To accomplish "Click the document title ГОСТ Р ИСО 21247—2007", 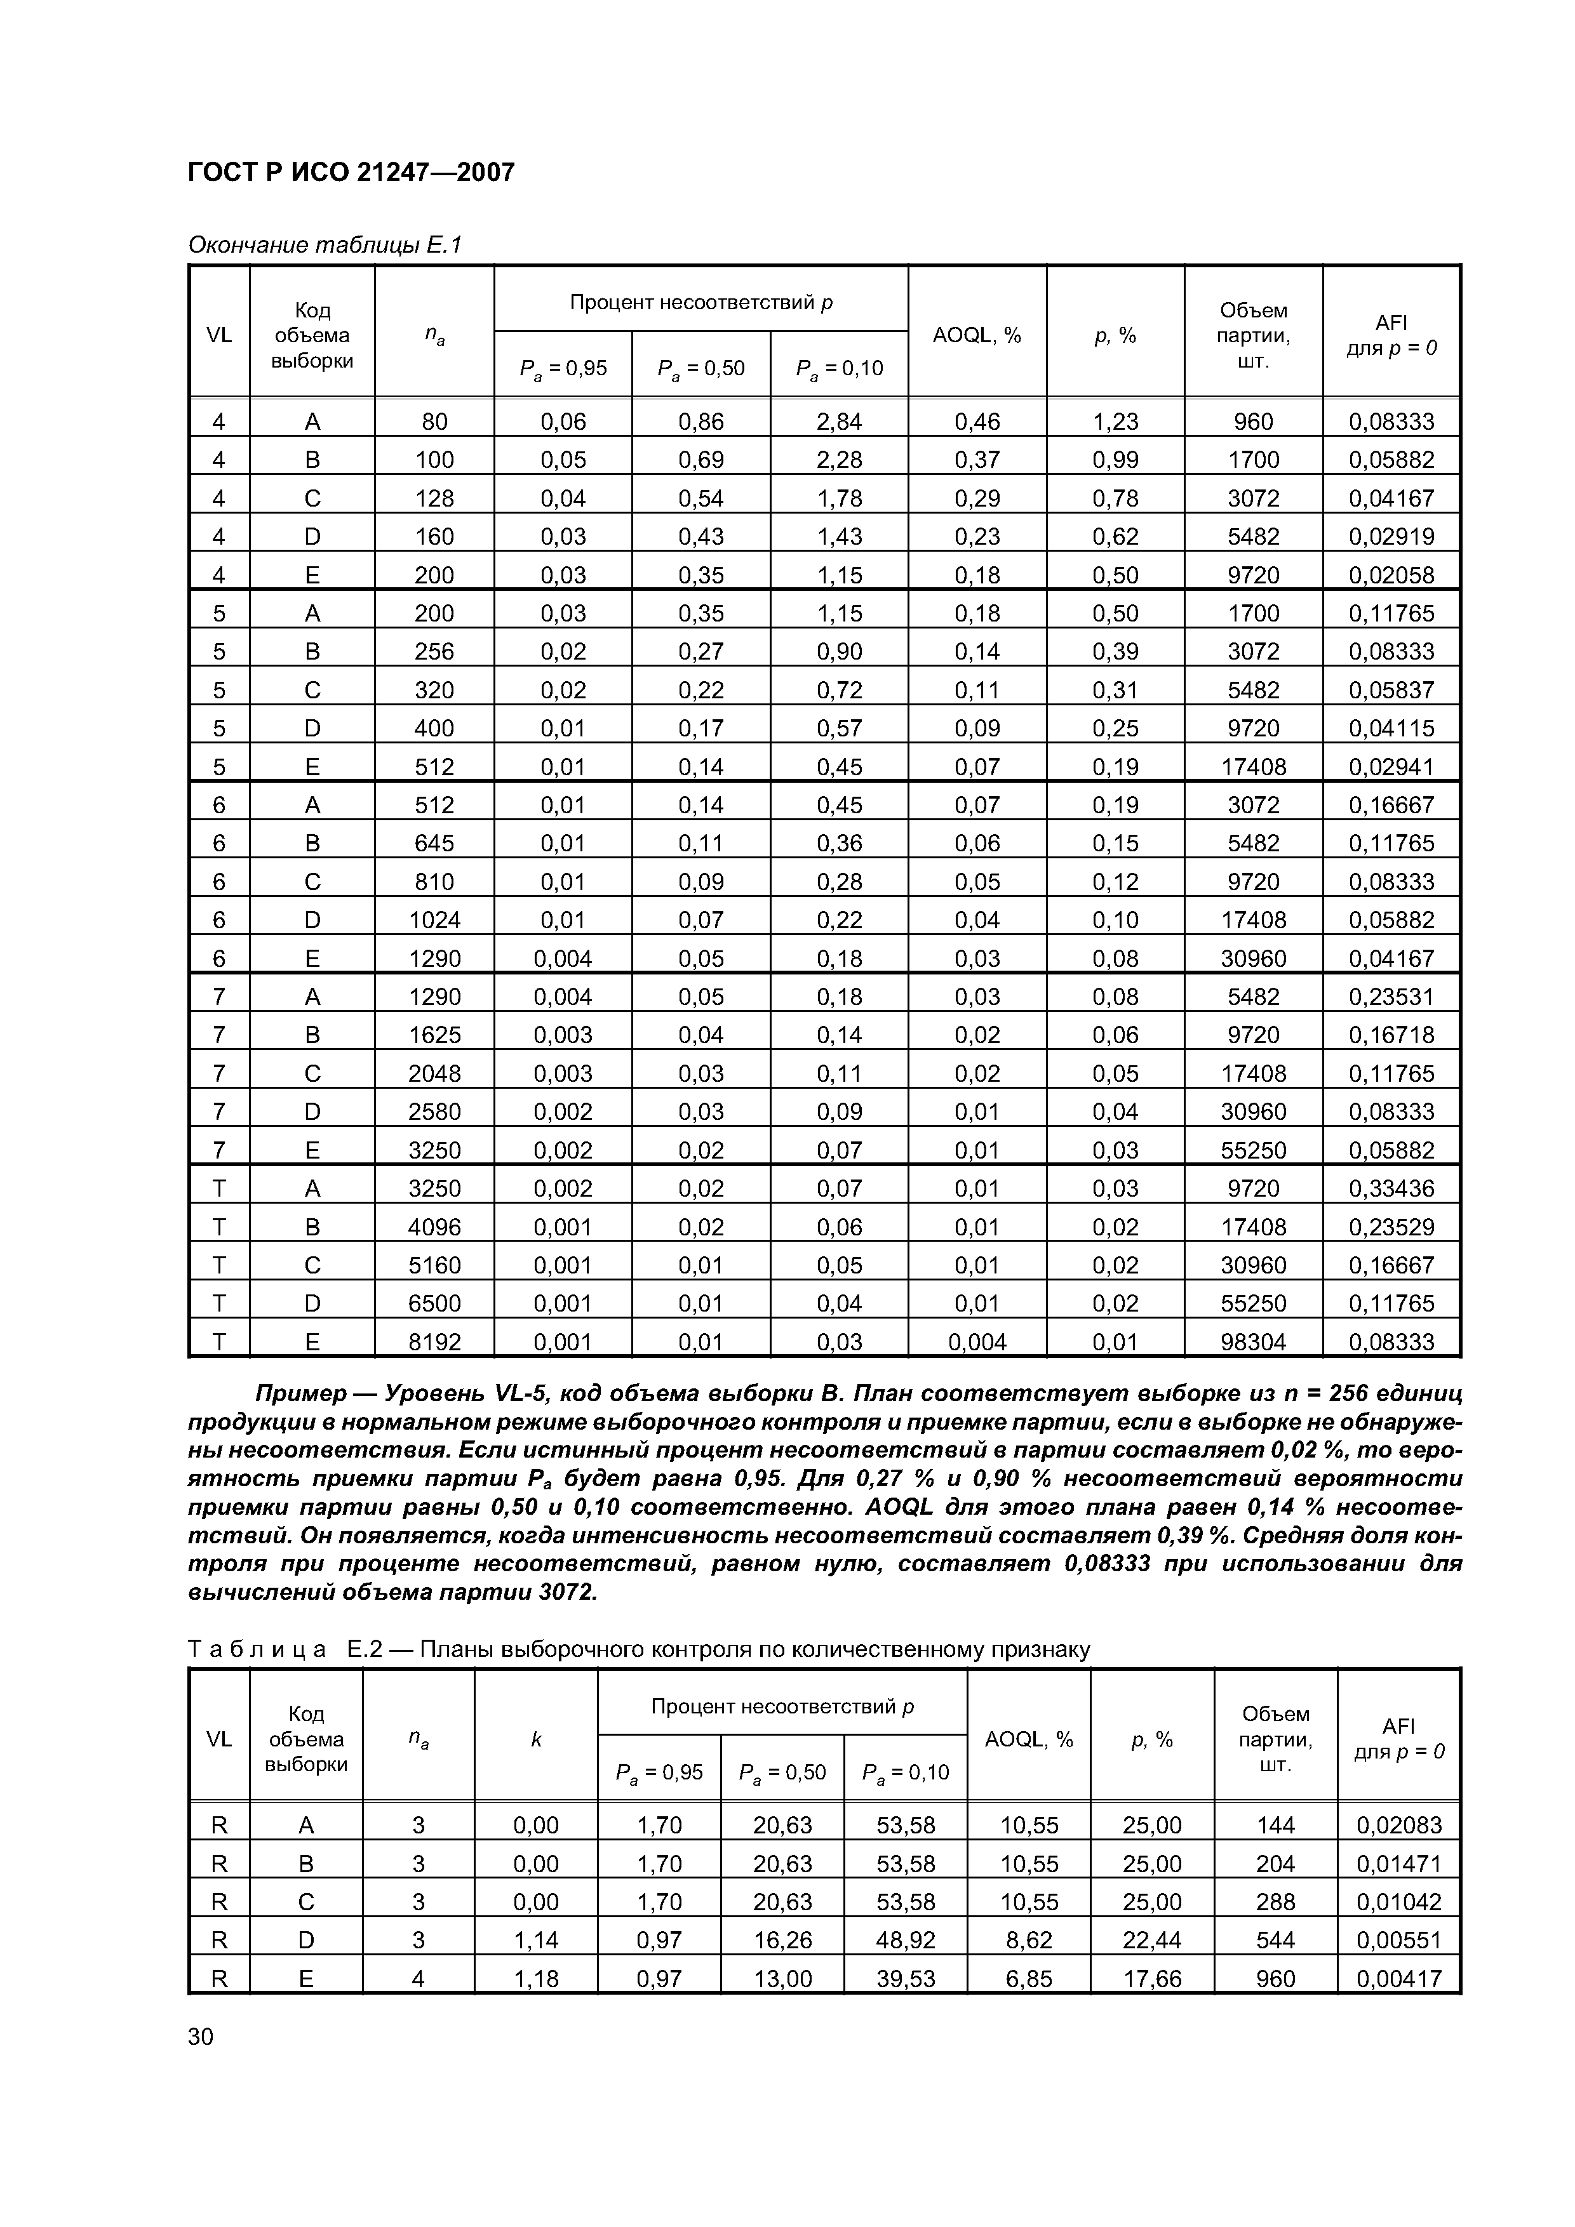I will tap(351, 173).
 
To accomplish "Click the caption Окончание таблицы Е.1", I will tap(324, 246).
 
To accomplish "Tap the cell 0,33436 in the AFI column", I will tap(1391, 1188).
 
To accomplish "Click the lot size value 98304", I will tap(1253, 1341).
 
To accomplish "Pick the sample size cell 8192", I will tap(434, 1341).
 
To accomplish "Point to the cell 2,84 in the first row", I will tap(838, 421).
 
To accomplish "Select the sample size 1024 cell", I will tap(434, 919).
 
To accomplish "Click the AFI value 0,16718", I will tap(1391, 1035).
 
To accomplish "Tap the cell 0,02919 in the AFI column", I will tap(1391, 536).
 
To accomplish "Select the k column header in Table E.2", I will tap(535, 1739).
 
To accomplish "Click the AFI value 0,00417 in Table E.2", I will tap(1398, 1978).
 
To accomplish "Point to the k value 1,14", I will tap(535, 1939).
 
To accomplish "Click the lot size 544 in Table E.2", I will tap(1275, 1939).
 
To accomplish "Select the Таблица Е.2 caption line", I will tap(638, 1649).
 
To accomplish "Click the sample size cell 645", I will tap(434, 843).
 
